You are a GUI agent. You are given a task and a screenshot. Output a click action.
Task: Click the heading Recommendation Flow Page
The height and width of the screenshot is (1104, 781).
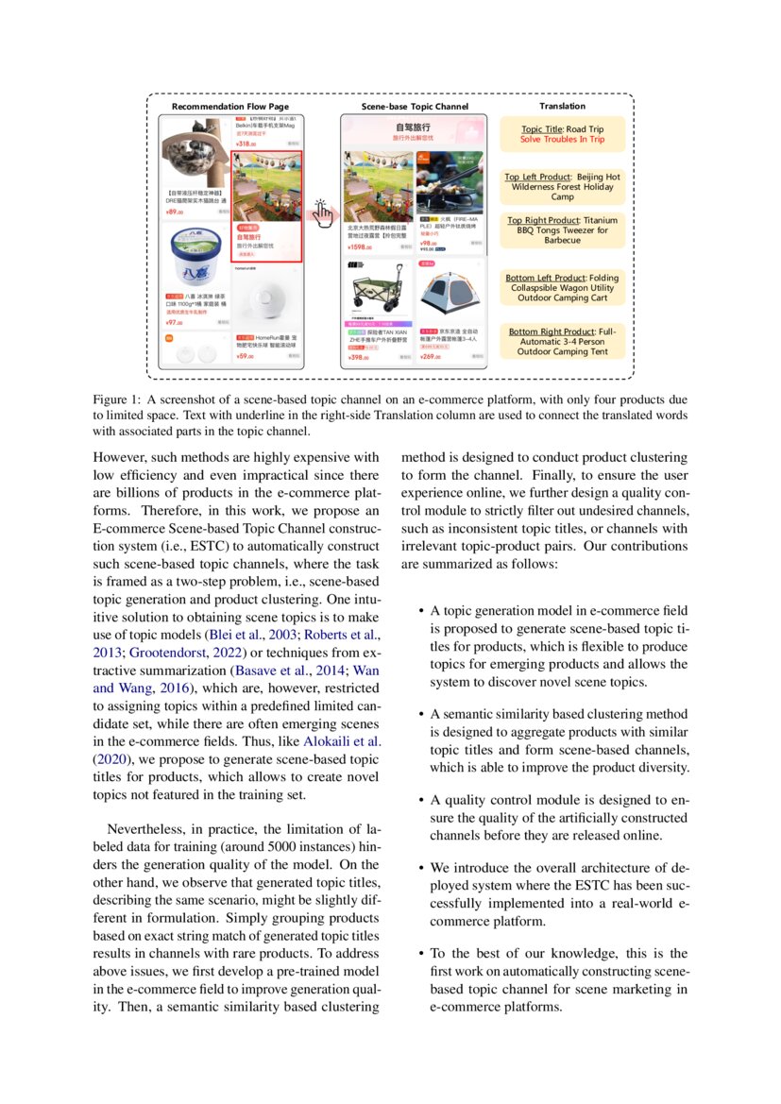pos(229,107)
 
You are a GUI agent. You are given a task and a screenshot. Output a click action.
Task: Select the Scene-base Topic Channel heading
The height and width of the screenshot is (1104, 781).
pos(415,107)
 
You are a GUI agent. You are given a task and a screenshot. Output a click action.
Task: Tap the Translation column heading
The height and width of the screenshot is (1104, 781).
pos(562,107)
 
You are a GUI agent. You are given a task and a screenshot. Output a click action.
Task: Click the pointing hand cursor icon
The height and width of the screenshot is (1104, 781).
pos(323,212)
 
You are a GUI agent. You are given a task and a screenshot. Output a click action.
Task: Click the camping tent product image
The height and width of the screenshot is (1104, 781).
pos(450,293)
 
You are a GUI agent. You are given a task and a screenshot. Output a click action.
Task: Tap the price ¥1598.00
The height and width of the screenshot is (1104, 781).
pos(360,246)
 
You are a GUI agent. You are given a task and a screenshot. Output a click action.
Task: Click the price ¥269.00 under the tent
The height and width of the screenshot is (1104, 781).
pos(431,357)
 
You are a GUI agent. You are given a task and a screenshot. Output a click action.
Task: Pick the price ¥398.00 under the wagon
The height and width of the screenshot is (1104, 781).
pos(358,358)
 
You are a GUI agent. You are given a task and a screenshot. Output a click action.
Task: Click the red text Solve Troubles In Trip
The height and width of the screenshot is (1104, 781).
pos(562,140)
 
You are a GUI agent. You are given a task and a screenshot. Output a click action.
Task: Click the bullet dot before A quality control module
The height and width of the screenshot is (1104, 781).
pos(419,801)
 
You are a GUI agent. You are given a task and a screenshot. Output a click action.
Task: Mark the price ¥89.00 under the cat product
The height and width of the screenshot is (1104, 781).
pos(174,212)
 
